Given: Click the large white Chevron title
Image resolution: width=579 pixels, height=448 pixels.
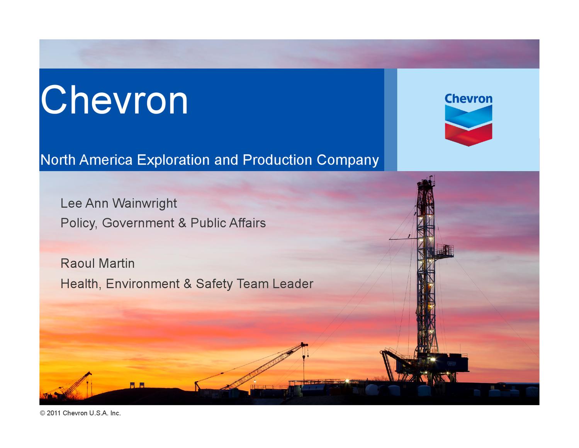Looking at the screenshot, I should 114,100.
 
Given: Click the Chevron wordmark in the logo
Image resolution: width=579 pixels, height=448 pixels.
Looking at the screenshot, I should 468,99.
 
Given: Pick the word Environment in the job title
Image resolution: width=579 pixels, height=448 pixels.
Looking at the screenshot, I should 143,284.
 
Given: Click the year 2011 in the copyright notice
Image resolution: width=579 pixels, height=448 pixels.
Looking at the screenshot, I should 54,413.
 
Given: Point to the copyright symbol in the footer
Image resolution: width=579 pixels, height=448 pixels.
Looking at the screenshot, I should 42,413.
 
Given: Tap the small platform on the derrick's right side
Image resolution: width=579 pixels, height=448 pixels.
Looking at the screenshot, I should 445,250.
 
